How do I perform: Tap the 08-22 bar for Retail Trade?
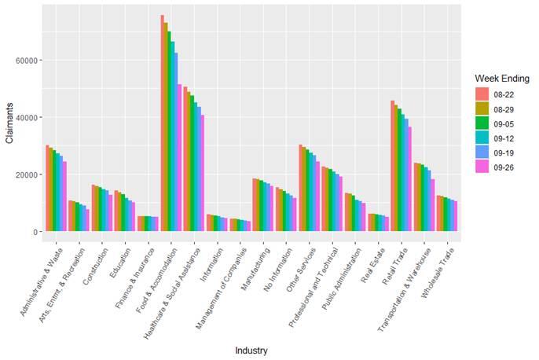[x=393, y=166]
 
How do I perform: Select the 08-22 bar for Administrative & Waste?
[x=47, y=188]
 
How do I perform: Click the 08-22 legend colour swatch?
[x=482, y=94]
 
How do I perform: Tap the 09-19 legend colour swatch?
[x=482, y=150]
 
